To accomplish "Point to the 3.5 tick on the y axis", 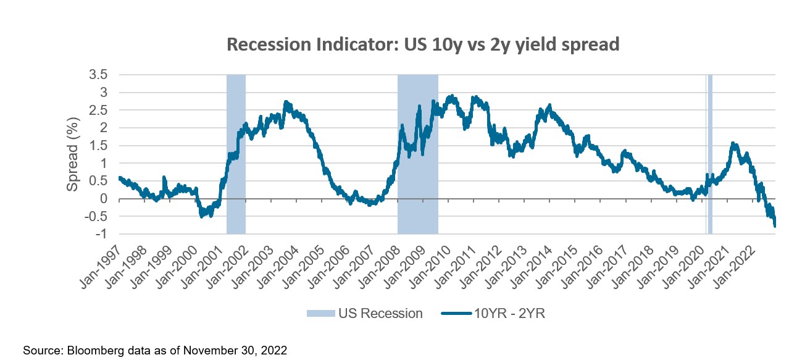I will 99,75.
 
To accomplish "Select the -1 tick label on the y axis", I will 102,234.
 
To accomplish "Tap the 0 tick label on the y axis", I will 104,199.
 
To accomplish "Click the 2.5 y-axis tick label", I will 99,110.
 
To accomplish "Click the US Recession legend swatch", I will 320,314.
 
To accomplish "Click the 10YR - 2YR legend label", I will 509,314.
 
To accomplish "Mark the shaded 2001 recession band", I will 236,154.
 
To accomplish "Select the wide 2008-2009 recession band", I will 417,154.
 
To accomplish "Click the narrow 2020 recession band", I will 710,154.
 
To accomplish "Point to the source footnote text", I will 156,350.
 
